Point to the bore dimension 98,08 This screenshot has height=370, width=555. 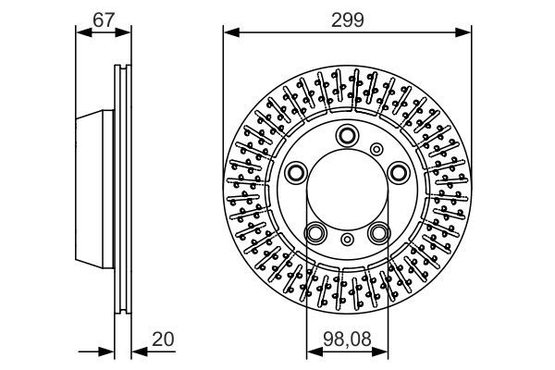pyautogui.click(x=347, y=340)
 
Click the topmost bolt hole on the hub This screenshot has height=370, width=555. pyautogui.click(x=347, y=135)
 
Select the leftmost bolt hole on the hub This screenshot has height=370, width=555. pyautogui.click(x=297, y=172)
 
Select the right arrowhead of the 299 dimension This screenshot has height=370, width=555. pyautogui.click(x=466, y=31)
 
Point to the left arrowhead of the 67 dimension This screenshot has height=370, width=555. pyautogui.click(x=80, y=31)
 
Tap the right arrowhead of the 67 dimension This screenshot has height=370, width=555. pyautogui.click(x=127, y=31)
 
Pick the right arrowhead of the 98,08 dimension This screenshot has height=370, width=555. pyautogui.click(x=384, y=351)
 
